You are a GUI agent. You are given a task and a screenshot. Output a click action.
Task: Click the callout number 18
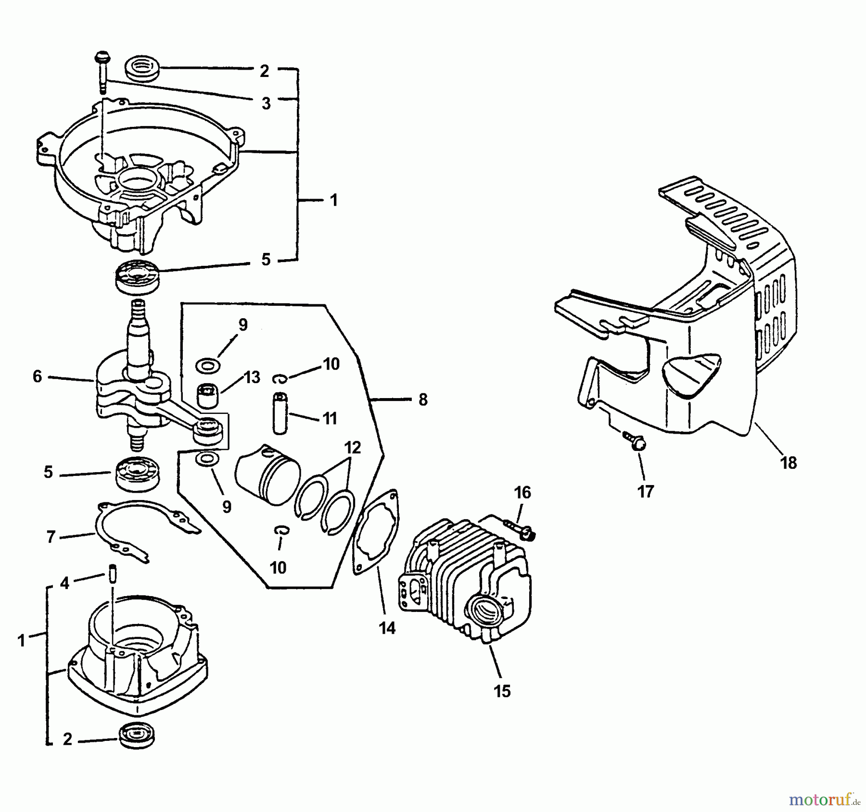pyautogui.click(x=789, y=463)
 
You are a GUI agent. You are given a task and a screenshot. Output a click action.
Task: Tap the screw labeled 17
pyautogui.click(x=635, y=441)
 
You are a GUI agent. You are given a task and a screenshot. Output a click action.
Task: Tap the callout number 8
pyautogui.click(x=423, y=400)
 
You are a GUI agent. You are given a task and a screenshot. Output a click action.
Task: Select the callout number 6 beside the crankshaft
pyautogui.click(x=37, y=376)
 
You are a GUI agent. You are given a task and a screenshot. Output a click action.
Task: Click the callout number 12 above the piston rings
pyautogui.click(x=352, y=448)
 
